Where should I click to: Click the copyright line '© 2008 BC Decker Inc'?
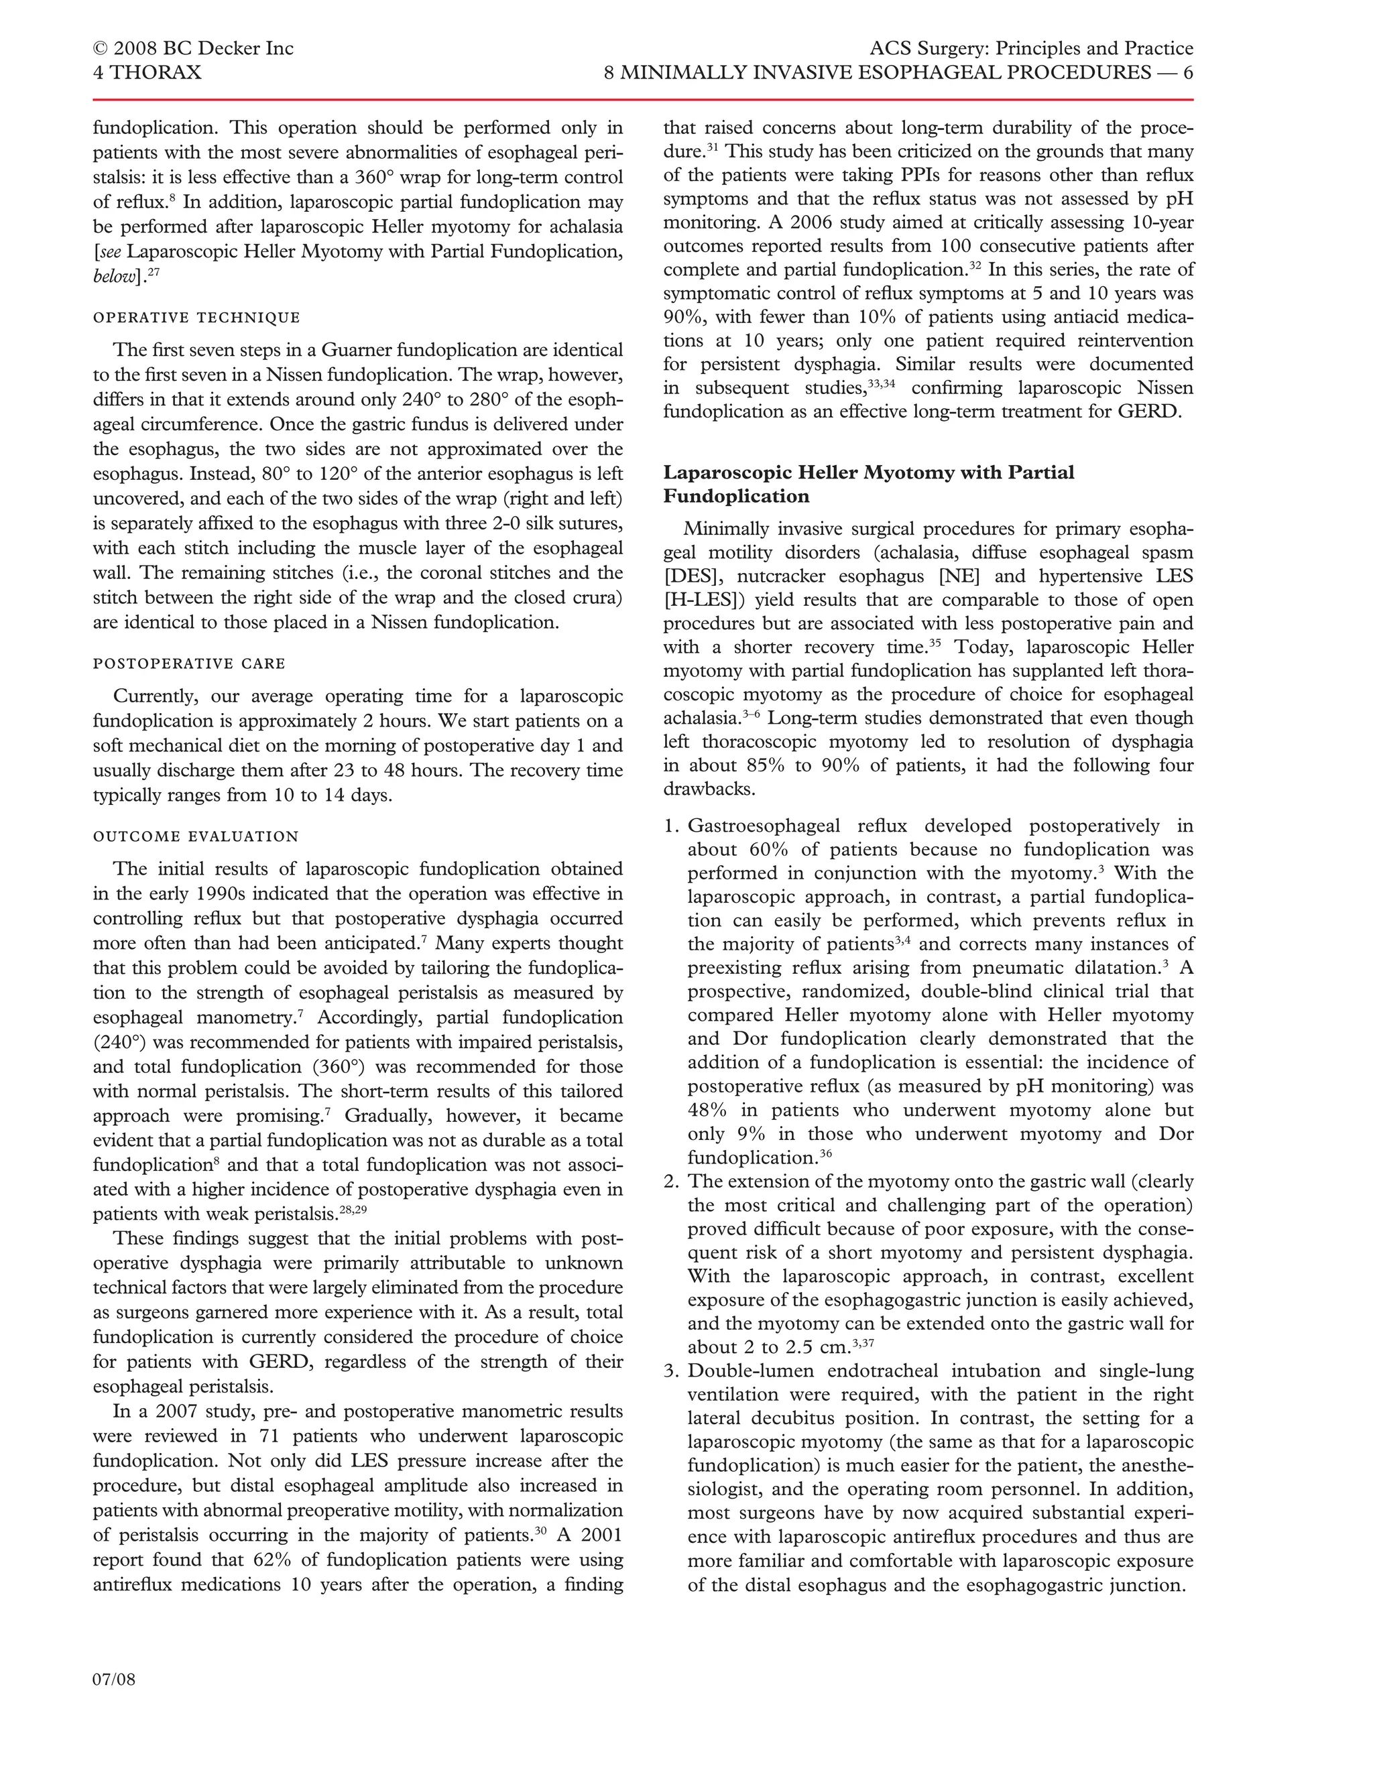[x=193, y=49]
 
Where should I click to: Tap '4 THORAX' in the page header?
[x=147, y=73]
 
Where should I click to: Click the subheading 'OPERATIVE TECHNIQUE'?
[x=196, y=318]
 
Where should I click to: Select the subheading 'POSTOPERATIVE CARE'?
[x=189, y=663]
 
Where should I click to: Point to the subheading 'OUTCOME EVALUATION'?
[x=195, y=836]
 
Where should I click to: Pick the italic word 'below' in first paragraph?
[x=113, y=276]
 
